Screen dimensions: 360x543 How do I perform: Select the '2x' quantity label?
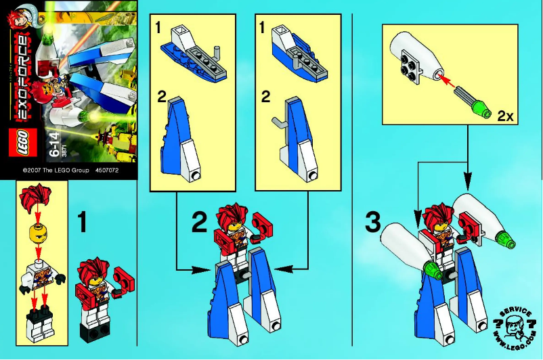506,116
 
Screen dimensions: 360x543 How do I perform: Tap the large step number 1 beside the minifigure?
81,222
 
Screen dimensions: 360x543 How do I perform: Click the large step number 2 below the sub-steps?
198,222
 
